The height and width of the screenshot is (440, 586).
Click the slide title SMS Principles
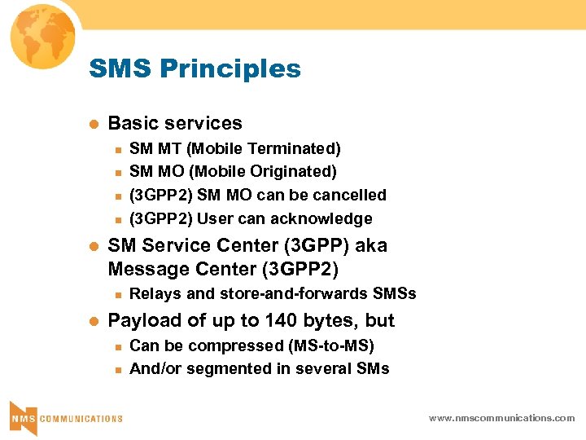click(x=195, y=69)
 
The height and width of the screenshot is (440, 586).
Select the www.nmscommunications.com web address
click(x=502, y=418)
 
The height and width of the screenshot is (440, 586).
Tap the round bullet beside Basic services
click(x=94, y=124)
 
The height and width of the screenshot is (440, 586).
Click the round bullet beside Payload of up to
click(x=94, y=321)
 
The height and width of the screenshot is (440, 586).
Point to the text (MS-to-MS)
click(x=333, y=345)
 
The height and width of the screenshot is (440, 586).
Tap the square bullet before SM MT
click(x=117, y=149)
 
